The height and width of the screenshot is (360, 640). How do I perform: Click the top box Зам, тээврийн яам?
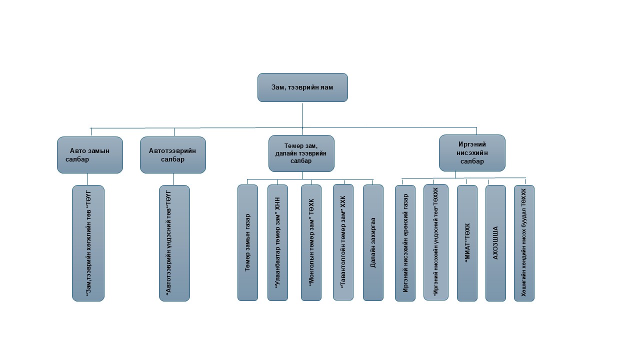[302, 87]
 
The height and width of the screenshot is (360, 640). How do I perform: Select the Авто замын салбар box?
[90, 155]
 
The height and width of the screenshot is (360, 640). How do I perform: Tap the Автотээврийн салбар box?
[173, 155]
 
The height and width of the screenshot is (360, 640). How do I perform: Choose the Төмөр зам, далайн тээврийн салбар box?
[301, 153]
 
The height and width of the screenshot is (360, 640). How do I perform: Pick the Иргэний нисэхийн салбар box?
[472, 153]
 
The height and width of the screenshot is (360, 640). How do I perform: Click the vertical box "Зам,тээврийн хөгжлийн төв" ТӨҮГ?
[88, 243]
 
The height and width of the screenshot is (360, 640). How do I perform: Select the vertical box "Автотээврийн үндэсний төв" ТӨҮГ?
[174, 243]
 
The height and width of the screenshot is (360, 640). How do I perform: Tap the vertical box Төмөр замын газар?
[247, 242]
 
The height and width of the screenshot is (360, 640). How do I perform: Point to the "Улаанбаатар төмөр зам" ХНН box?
[277, 242]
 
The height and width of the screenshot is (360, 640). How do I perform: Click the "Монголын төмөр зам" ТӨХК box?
[311, 242]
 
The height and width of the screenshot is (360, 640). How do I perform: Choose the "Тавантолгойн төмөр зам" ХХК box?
[343, 242]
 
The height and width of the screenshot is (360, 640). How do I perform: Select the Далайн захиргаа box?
[373, 242]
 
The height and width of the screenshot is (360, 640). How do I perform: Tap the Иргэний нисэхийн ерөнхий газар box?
[405, 243]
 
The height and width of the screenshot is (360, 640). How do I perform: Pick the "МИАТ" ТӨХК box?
[467, 243]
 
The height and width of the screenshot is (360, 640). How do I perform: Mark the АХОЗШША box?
[495, 243]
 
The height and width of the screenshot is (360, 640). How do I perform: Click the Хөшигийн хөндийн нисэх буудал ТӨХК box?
[524, 243]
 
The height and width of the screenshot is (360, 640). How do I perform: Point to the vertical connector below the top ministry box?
[302, 115]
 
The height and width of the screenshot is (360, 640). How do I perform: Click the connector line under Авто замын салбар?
[88, 179]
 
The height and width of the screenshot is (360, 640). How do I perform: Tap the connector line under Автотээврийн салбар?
[173, 179]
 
